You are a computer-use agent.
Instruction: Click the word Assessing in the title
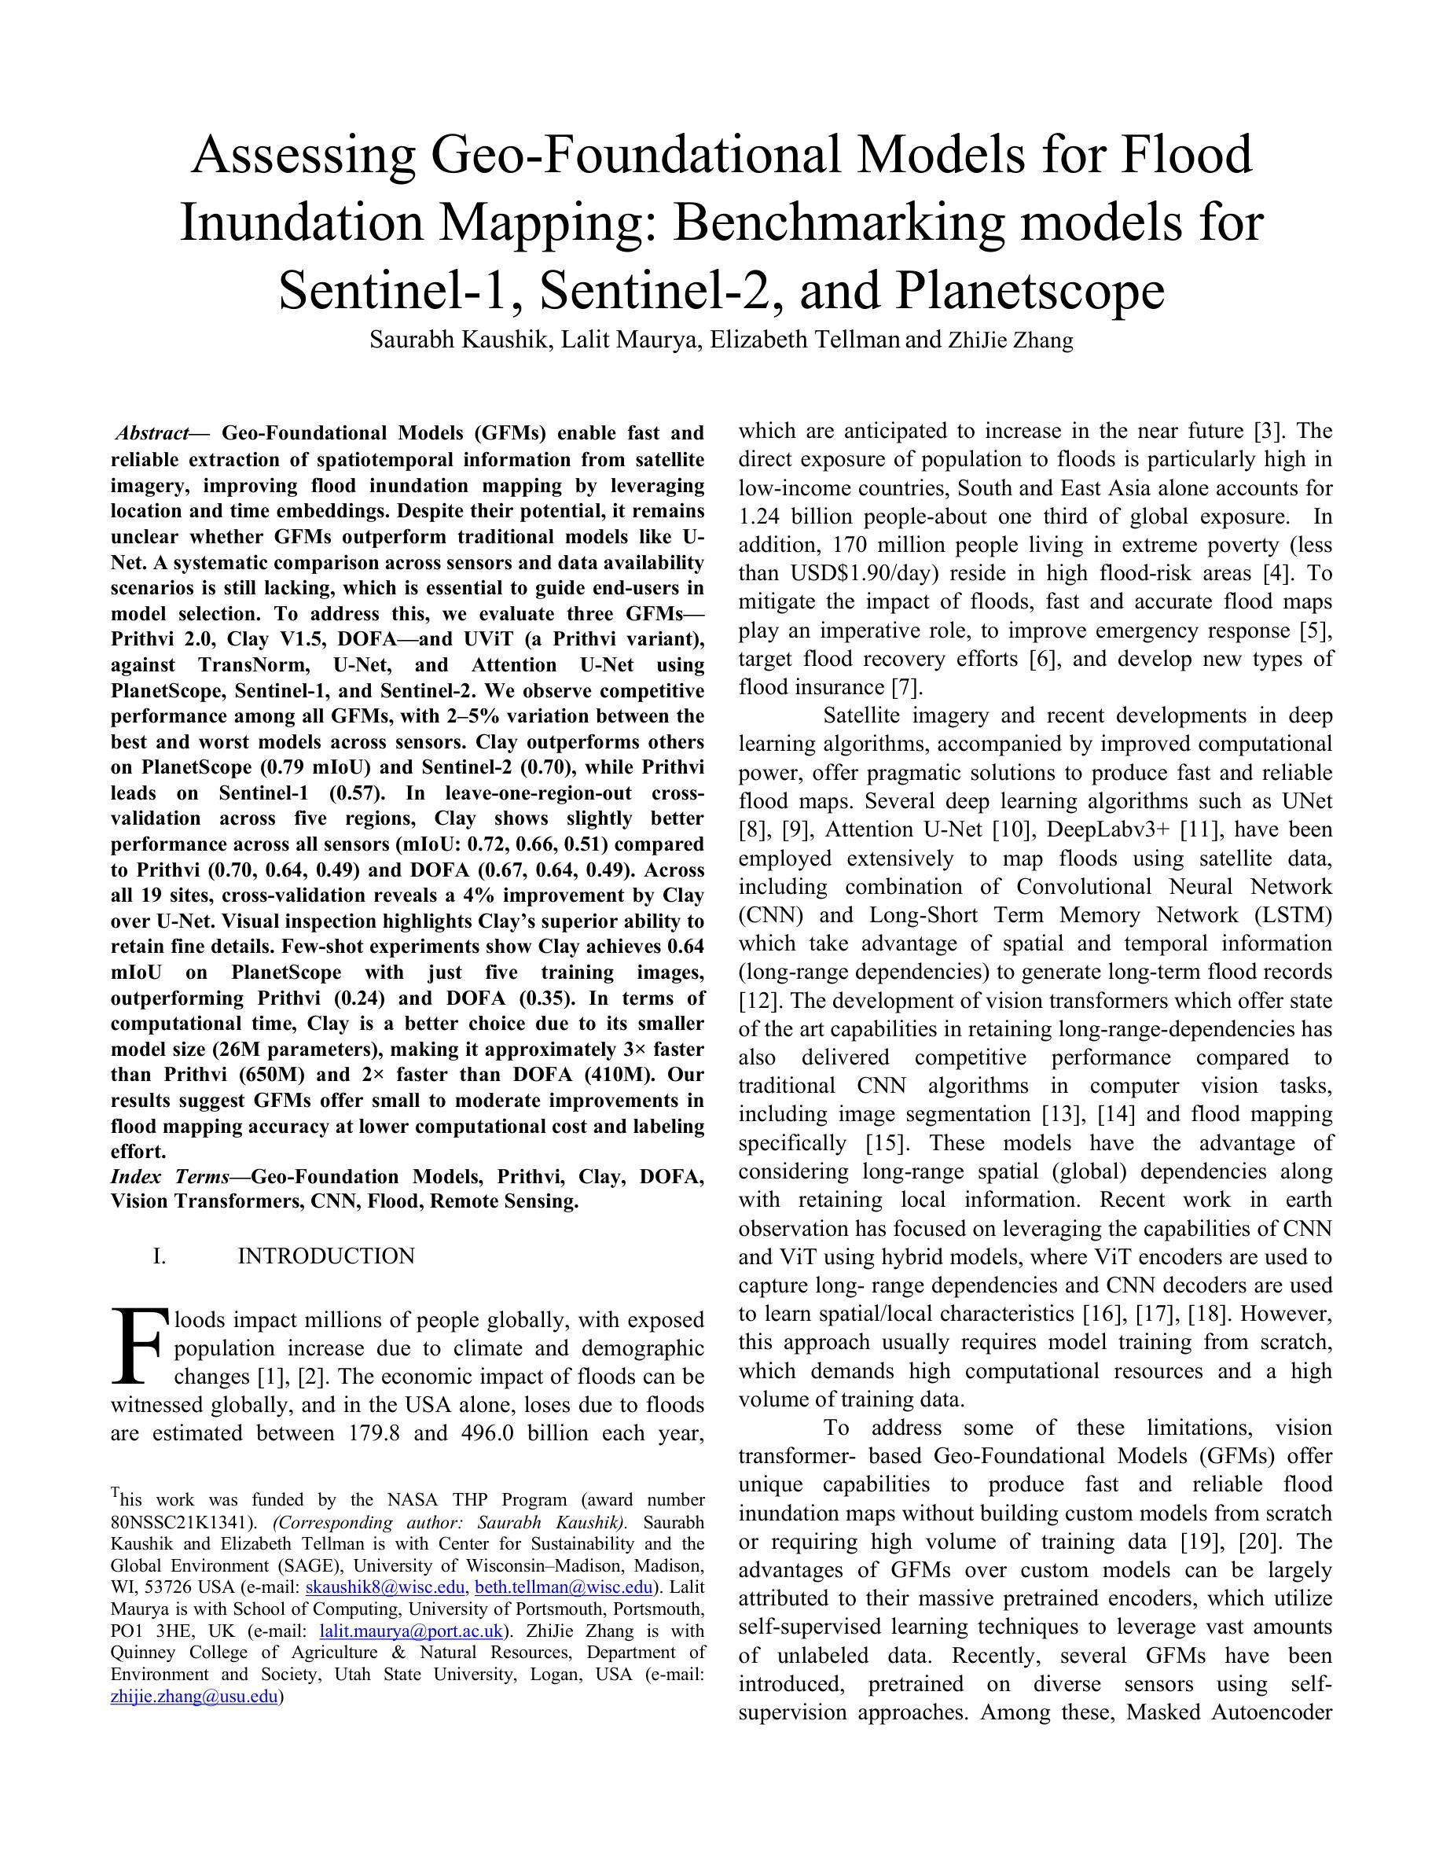click(303, 156)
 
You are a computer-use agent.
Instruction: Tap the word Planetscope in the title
click(1030, 291)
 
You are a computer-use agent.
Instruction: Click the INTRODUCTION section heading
click(325, 1256)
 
